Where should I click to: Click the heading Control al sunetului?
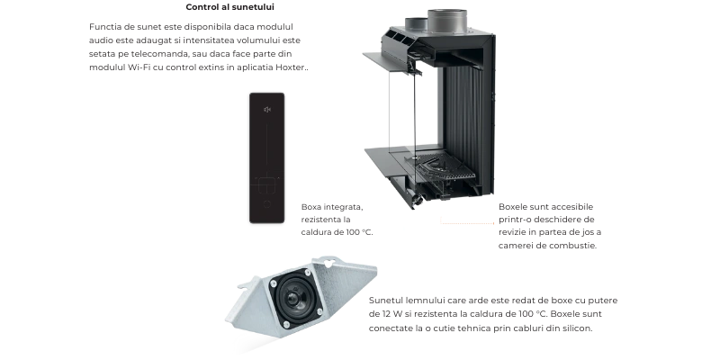pyautogui.click(x=230, y=7)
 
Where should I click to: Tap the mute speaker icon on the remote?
pyautogui.click(x=266, y=109)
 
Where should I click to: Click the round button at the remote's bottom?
pyautogui.click(x=266, y=204)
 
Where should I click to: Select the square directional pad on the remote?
pyautogui.click(x=266, y=184)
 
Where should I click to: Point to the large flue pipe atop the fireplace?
pyautogui.click(x=447, y=20)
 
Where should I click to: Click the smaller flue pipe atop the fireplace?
pyautogui.click(x=417, y=25)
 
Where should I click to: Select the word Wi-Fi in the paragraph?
pyautogui.click(x=138, y=67)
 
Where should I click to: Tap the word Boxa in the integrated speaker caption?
pyautogui.click(x=311, y=207)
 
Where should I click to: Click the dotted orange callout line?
pyautogui.click(x=467, y=223)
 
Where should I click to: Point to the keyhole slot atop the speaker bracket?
pyautogui.click(x=328, y=263)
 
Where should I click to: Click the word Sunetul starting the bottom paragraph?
pyautogui.click(x=386, y=301)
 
